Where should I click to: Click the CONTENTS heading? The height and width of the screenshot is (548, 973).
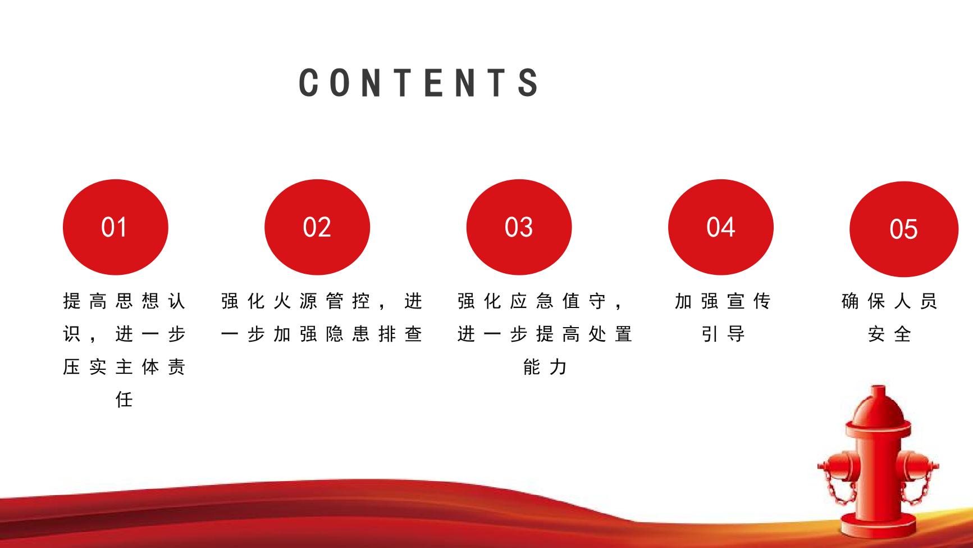pos(419,83)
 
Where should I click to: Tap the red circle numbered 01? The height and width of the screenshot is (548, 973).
pos(116,227)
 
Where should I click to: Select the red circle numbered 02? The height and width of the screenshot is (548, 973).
pos(317,227)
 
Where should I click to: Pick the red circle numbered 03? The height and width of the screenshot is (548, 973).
pos(519,227)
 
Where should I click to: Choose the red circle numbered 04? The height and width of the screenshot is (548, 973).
pos(721,227)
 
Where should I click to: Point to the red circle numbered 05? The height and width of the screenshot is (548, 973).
pos(904,229)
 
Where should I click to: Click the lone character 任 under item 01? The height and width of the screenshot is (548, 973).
pos(124,400)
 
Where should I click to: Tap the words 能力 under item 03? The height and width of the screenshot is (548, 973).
pos(545,367)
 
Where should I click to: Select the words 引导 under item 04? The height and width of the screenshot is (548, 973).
pos(723,334)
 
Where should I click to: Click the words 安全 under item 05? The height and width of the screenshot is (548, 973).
pos(889,334)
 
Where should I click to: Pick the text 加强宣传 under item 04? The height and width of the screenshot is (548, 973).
pos(723,301)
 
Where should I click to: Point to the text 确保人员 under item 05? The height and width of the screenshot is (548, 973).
pos(889,301)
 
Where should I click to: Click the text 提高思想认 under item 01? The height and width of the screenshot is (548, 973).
pos(124,301)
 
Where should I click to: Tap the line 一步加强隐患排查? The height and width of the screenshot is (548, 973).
pos(321,334)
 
